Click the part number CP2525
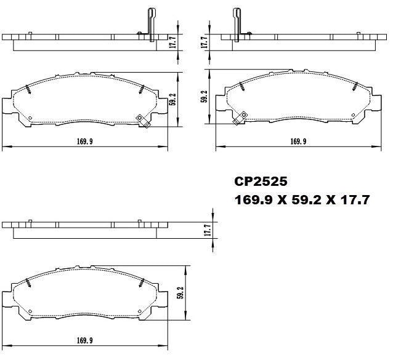pyautogui.click(x=261, y=182)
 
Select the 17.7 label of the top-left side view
pyautogui.click(x=174, y=42)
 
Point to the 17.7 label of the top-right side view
pyautogui.click(x=205, y=42)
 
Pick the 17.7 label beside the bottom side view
pyautogui.click(x=208, y=230)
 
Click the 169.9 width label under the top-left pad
pyautogui.click(x=84, y=142)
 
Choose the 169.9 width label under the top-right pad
pyautogui.click(x=298, y=142)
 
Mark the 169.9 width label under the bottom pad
pyautogui.click(x=84, y=340)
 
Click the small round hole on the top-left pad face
pyautogui.click(x=30, y=118)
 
